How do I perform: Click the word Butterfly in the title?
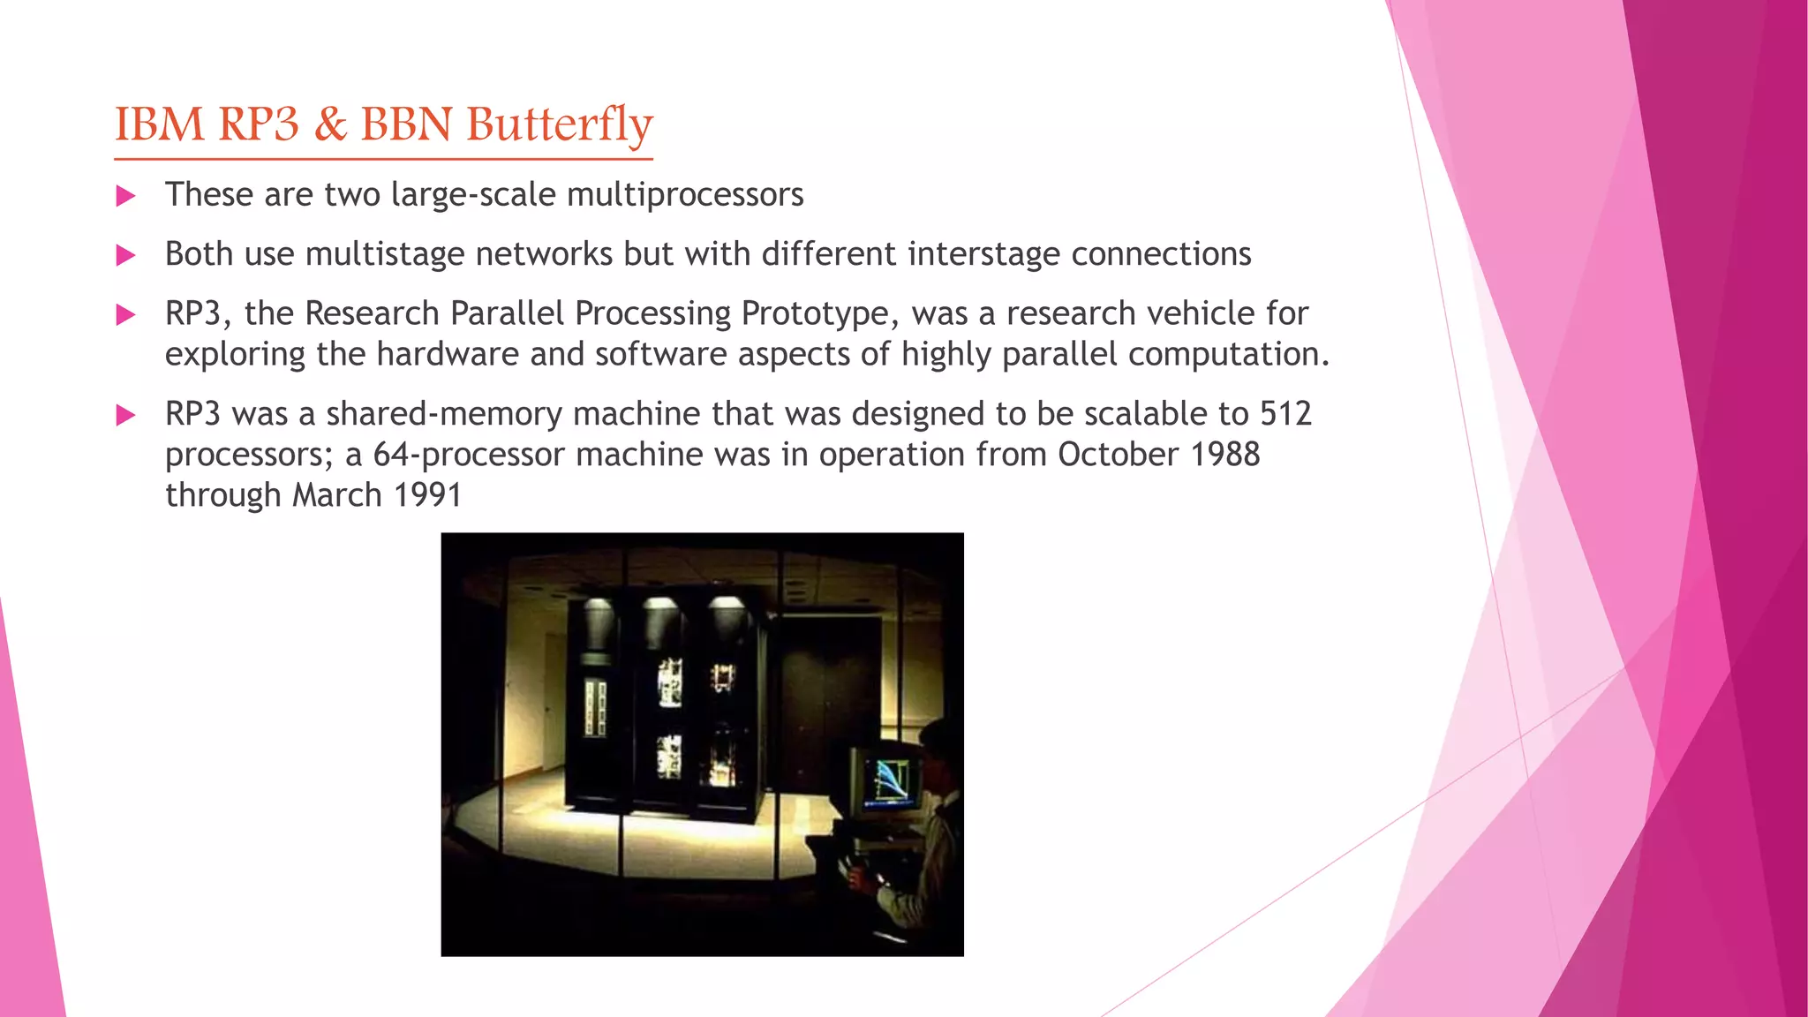(560, 124)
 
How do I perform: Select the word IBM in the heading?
(159, 124)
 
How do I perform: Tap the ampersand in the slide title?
(330, 124)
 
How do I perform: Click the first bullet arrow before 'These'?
(126, 196)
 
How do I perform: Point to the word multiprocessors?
(685, 195)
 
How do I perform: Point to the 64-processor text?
(469, 455)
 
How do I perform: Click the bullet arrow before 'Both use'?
(126, 256)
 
